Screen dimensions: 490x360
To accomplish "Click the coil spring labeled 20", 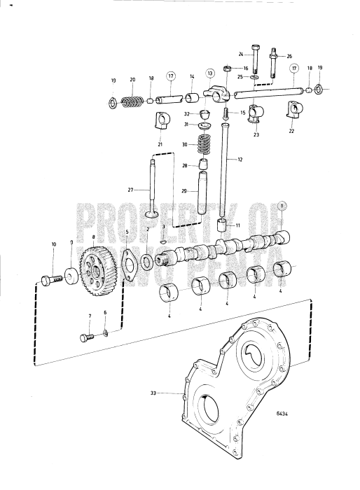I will click(129, 102).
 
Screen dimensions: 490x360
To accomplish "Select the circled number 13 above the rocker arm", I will click(209, 73).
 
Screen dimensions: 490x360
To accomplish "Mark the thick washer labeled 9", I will click(71, 273).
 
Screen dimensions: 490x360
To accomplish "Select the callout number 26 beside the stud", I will click(289, 56).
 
